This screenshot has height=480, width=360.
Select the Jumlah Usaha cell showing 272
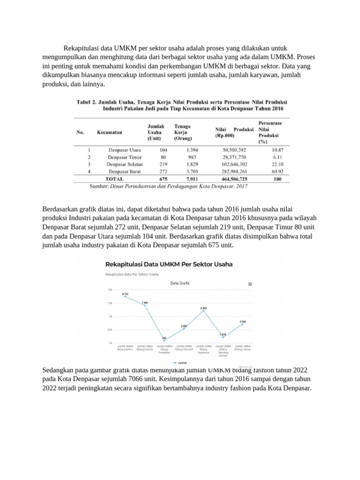163,172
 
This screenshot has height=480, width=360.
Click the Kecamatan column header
110,133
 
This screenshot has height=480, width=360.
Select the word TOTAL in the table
114,179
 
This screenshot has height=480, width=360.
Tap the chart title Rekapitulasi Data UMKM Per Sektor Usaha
169,264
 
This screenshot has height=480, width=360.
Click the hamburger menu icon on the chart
250,284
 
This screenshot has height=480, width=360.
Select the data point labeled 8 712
125,296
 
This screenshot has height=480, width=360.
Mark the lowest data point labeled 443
164,340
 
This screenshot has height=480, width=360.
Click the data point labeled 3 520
242,324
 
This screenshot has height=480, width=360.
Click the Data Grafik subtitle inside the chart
180,284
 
